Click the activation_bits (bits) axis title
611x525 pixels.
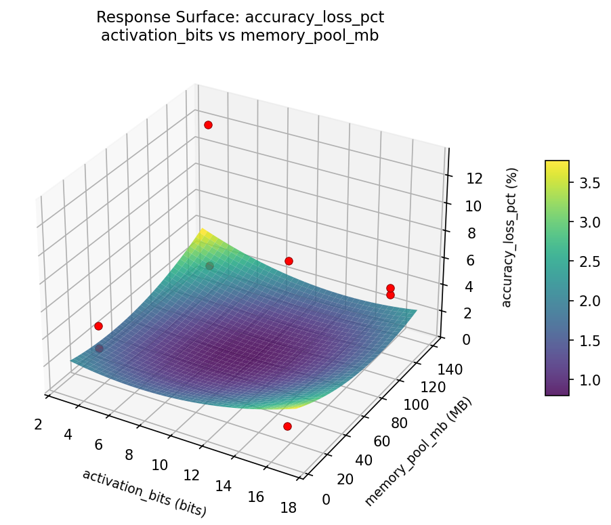144,493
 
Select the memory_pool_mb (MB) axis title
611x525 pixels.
418,452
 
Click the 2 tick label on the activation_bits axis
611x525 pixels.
39,424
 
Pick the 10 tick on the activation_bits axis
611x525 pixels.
159,465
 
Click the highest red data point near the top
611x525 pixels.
208,125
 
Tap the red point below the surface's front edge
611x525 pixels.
287,426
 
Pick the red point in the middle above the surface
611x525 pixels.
289,261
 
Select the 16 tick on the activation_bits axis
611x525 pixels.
255,497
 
